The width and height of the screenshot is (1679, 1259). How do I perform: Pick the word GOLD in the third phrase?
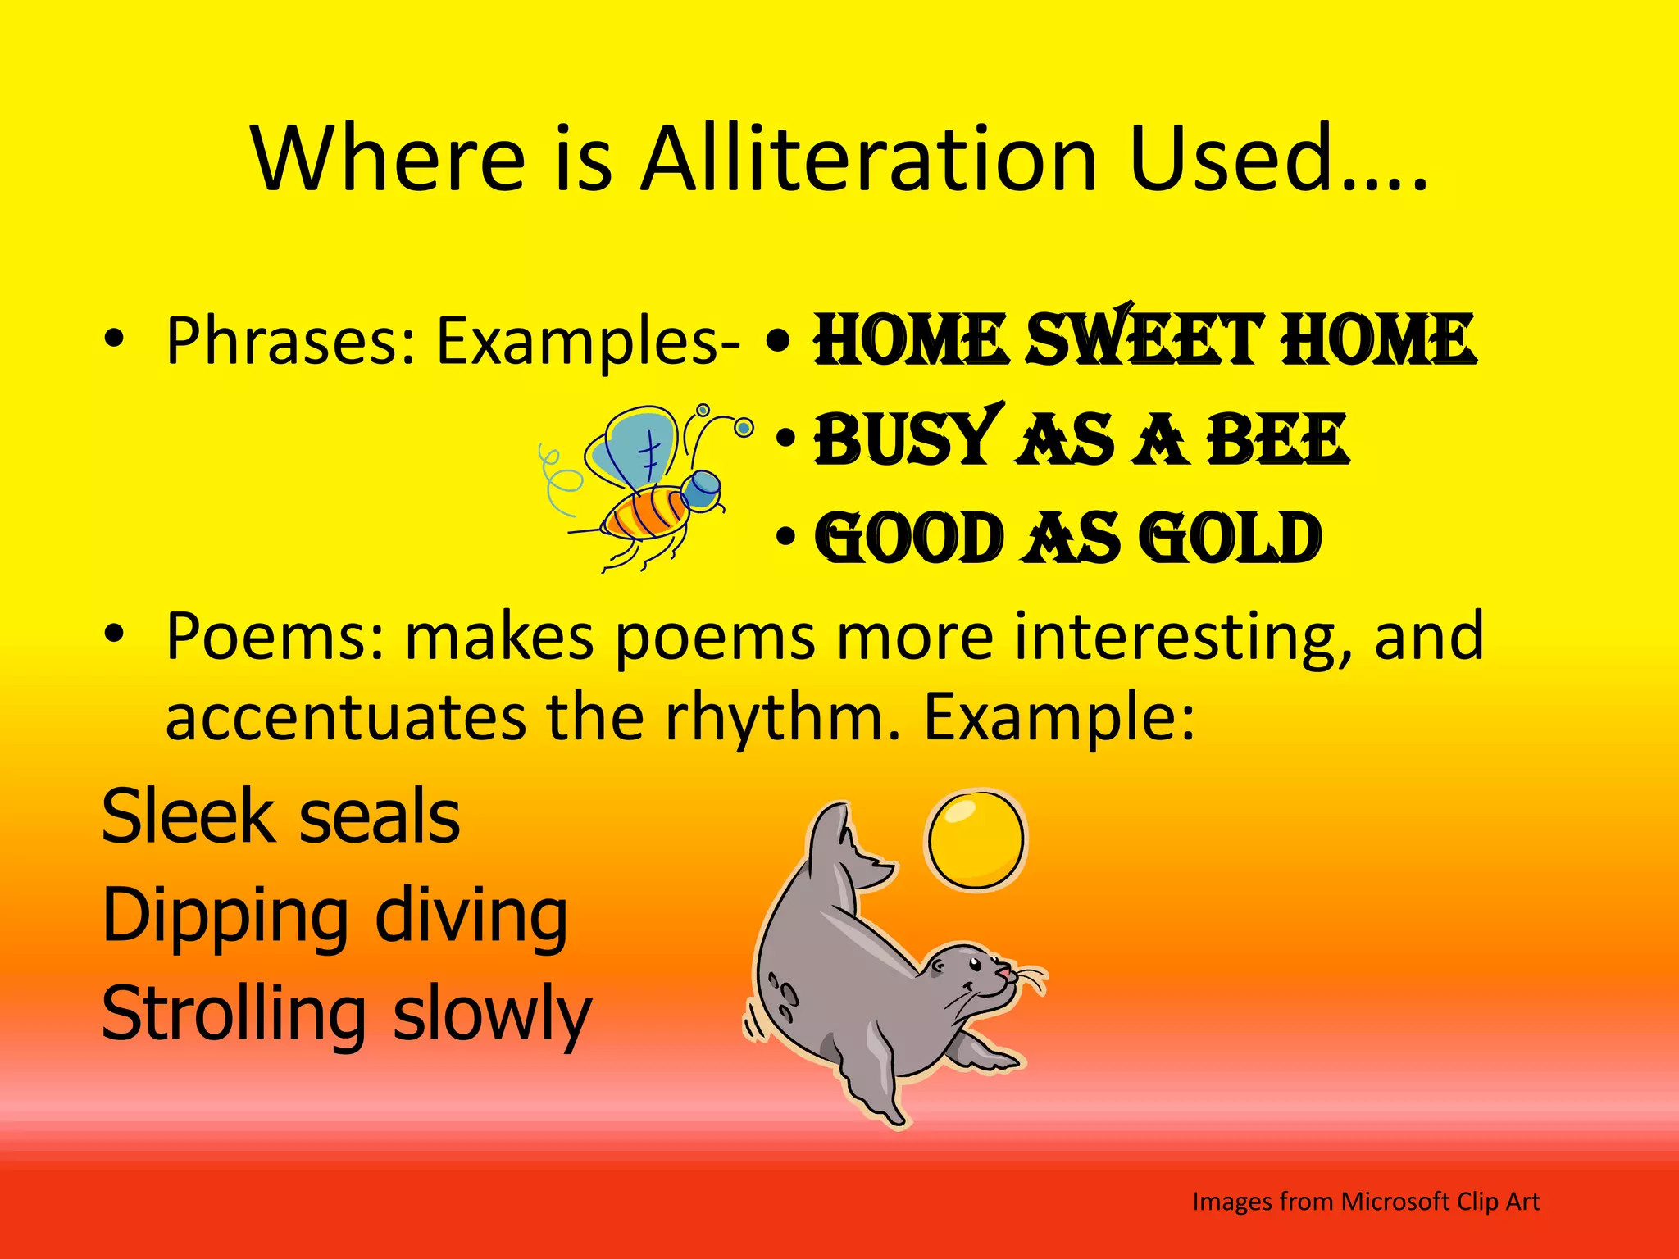coord(1234,539)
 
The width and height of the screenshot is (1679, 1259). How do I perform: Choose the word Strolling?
coord(234,1015)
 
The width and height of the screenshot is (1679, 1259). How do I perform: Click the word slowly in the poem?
coord(492,1015)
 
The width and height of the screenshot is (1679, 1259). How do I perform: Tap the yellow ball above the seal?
coord(976,839)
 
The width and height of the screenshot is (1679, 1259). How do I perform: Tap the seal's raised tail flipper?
coord(844,848)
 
